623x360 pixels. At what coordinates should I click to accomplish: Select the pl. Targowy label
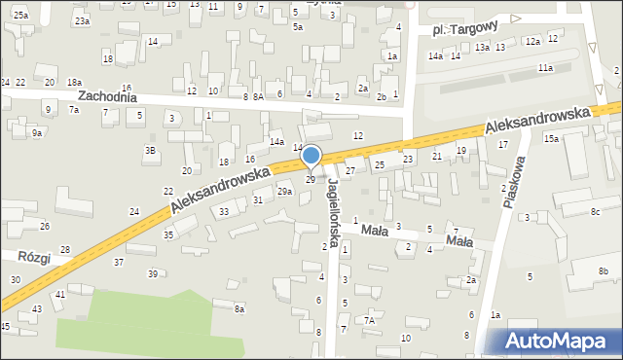pyautogui.click(x=465, y=30)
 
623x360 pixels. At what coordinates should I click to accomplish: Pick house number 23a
pyautogui.click(x=83, y=20)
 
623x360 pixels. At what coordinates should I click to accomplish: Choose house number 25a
pyautogui.click(x=20, y=16)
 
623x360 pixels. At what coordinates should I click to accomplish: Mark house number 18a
pyautogui.click(x=74, y=83)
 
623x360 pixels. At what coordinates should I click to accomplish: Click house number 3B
pyautogui.click(x=150, y=150)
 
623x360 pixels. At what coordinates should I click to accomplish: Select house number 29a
pyautogui.click(x=284, y=192)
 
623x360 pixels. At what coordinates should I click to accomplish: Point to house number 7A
pyautogui.click(x=370, y=320)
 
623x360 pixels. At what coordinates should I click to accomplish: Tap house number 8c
pyautogui.click(x=595, y=211)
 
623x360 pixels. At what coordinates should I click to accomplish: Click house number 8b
pyautogui.click(x=603, y=270)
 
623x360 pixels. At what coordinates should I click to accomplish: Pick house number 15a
pyautogui.click(x=551, y=139)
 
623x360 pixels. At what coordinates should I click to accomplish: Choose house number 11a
pyautogui.click(x=545, y=67)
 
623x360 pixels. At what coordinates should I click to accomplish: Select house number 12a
pyautogui.click(x=531, y=41)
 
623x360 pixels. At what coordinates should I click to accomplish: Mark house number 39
pyautogui.click(x=152, y=273)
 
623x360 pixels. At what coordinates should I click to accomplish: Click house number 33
pyautogui.click(x=224, y=211)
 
